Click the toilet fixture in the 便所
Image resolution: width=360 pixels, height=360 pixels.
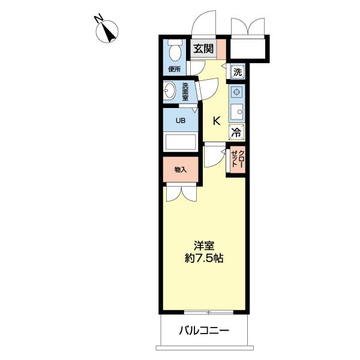point(175,50)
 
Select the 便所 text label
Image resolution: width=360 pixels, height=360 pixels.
point(175,69)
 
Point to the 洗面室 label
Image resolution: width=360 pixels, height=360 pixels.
point(185,91)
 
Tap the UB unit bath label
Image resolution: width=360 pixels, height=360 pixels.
point(180,120)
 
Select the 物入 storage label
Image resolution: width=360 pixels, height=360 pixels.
point(180,170)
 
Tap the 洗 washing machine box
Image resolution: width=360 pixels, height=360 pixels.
point(238,72)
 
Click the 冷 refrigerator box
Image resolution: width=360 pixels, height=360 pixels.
point(236,132)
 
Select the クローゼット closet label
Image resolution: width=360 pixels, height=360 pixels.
point(236,160)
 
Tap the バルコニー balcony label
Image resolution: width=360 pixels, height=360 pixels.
point(204,330)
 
